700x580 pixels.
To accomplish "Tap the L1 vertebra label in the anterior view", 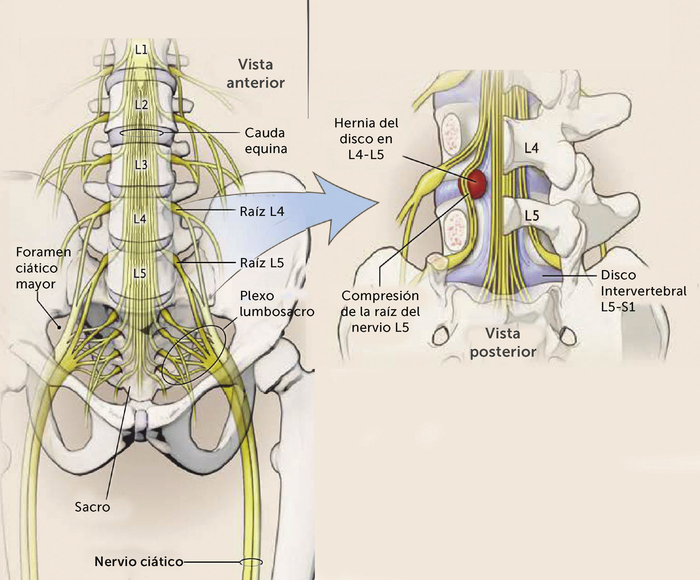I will [x=141, y=50].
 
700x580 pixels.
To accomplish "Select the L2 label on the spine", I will [x=141, y=105].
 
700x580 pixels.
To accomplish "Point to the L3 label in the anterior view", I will [x=141, y=165].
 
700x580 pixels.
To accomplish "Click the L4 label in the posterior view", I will [x=531, y=148].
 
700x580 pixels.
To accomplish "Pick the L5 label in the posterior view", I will [x=532, y=216].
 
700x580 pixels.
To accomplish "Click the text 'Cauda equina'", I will [x=266, y=140].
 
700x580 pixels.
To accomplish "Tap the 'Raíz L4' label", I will [x=262, y=212].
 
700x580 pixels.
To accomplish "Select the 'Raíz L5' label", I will [x=262, y=263].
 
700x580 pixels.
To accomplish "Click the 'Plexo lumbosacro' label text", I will [x=277, y=303].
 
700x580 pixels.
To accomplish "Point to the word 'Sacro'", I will [x=92, y=507].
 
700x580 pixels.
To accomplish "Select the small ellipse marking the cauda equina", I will [x=141, y=133].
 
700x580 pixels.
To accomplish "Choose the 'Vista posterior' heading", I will [x=503, y=342].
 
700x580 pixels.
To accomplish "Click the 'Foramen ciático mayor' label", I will [x=43, y=268].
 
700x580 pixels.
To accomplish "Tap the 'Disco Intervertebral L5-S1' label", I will [x=643, y=291].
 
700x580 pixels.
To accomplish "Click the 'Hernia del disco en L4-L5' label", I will [x=366, y=139].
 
